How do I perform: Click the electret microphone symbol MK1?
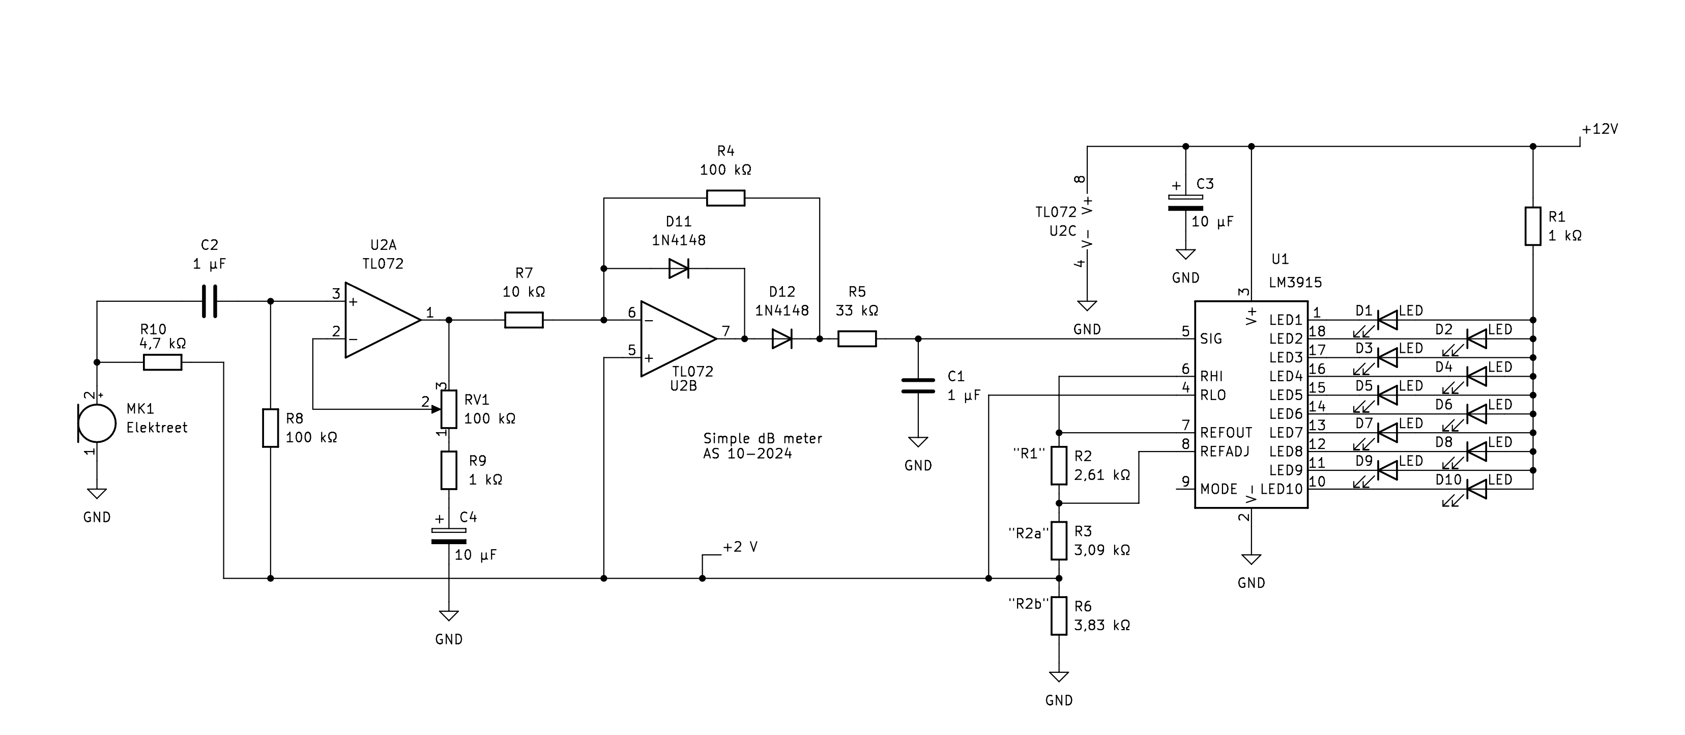click(97, 423)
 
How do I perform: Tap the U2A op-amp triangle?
click(383, 320)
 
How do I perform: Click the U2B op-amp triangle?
click(678, 339)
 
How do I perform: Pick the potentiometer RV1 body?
click(449, 409)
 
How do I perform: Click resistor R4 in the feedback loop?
click(725, 197)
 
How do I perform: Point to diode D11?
click(679, 268)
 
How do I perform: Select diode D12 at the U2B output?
click(781, 339)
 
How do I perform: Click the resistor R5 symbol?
click(857, 339)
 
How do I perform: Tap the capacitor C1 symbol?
click(918, 386)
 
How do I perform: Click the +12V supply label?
click(1600, 129)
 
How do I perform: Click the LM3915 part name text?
click(1295, 282)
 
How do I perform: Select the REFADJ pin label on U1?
click(1225, 451)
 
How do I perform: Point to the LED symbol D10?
click(1476, 489)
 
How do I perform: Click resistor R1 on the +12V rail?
click(1532, 227)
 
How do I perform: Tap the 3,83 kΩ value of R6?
click(1102, 625)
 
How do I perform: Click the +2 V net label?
click(740, 547)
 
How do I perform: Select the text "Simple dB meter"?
click(763, 439)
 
